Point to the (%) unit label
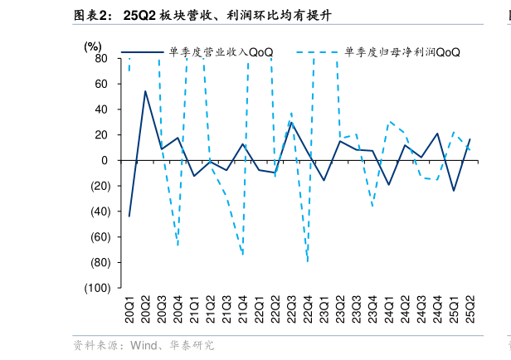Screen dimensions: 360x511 93,46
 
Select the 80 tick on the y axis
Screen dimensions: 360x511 100,58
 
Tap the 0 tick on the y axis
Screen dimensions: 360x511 105,160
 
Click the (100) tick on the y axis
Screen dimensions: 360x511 96,288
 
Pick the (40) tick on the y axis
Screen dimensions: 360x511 99,212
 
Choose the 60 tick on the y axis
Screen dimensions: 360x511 100,84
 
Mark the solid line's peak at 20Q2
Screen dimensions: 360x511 145,91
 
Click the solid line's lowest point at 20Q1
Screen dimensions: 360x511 129,216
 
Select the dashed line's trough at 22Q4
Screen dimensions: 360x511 308,262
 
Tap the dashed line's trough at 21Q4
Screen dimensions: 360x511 243,255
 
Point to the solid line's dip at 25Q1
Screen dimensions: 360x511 454,191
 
